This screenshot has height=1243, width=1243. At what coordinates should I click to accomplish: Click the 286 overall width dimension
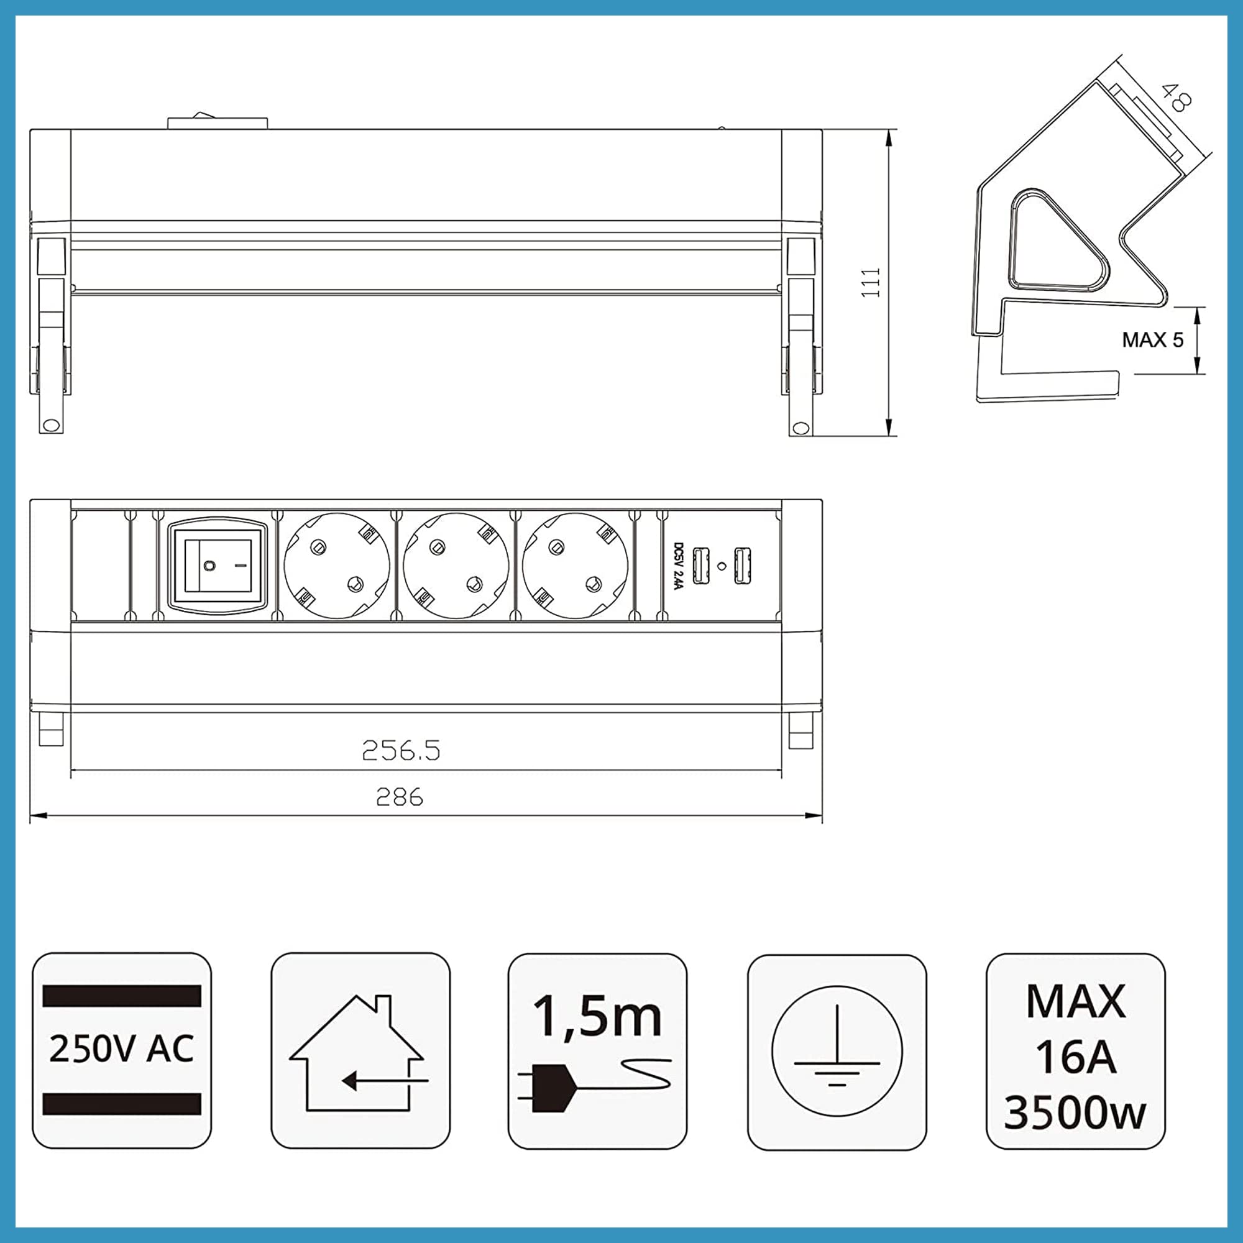(400, 798)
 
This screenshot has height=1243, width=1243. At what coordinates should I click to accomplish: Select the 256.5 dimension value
(401, 750)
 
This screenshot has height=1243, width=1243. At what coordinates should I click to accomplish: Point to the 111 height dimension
(871, 282)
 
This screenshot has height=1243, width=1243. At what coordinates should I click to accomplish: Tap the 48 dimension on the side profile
(1176, 98)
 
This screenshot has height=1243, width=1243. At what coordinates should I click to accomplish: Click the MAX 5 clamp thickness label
(1152, 340)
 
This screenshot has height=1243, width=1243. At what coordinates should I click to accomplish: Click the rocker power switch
(218, 566)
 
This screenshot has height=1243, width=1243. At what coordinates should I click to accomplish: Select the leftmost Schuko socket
(336, 566)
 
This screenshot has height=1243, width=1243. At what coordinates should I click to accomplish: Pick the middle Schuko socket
(456, 566)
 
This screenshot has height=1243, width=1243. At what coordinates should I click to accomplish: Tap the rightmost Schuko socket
(574, 566)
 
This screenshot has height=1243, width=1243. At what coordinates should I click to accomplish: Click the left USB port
(700, 566)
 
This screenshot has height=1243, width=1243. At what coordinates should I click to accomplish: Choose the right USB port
(743, 566)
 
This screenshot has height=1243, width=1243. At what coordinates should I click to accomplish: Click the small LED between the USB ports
(722, 566)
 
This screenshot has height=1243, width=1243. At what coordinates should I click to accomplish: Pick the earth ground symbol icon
(837, 1052)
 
